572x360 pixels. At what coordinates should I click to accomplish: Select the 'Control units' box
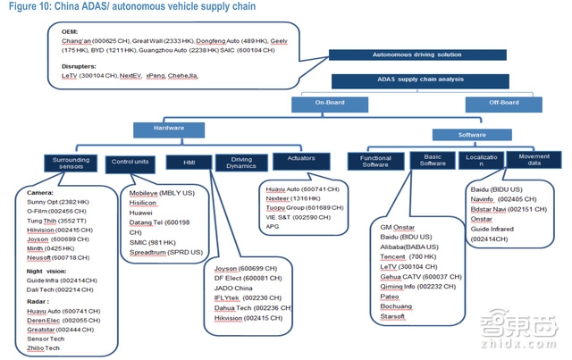[x=130, y=163]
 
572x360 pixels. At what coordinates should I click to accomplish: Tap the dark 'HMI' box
[x=189, y=163]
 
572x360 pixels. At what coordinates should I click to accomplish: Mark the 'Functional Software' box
[x=375, y=163]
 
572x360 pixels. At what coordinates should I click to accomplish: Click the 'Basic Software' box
[x=432, y=163]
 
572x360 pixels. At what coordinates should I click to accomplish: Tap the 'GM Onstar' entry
[x=398, y=228]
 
